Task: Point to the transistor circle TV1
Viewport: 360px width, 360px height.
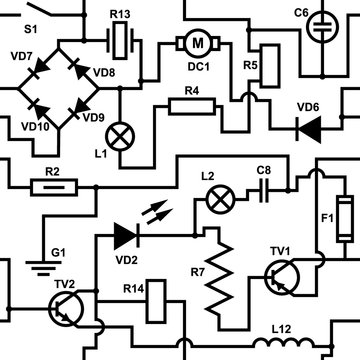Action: point(287,278)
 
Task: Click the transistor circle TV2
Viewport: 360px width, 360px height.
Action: point(68,312)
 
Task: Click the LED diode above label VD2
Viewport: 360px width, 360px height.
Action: point(125,235)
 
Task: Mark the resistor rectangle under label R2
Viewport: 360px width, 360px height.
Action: point(51,187)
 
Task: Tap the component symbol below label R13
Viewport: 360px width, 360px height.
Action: point(121,40)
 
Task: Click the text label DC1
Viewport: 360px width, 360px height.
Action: point(197,66)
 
